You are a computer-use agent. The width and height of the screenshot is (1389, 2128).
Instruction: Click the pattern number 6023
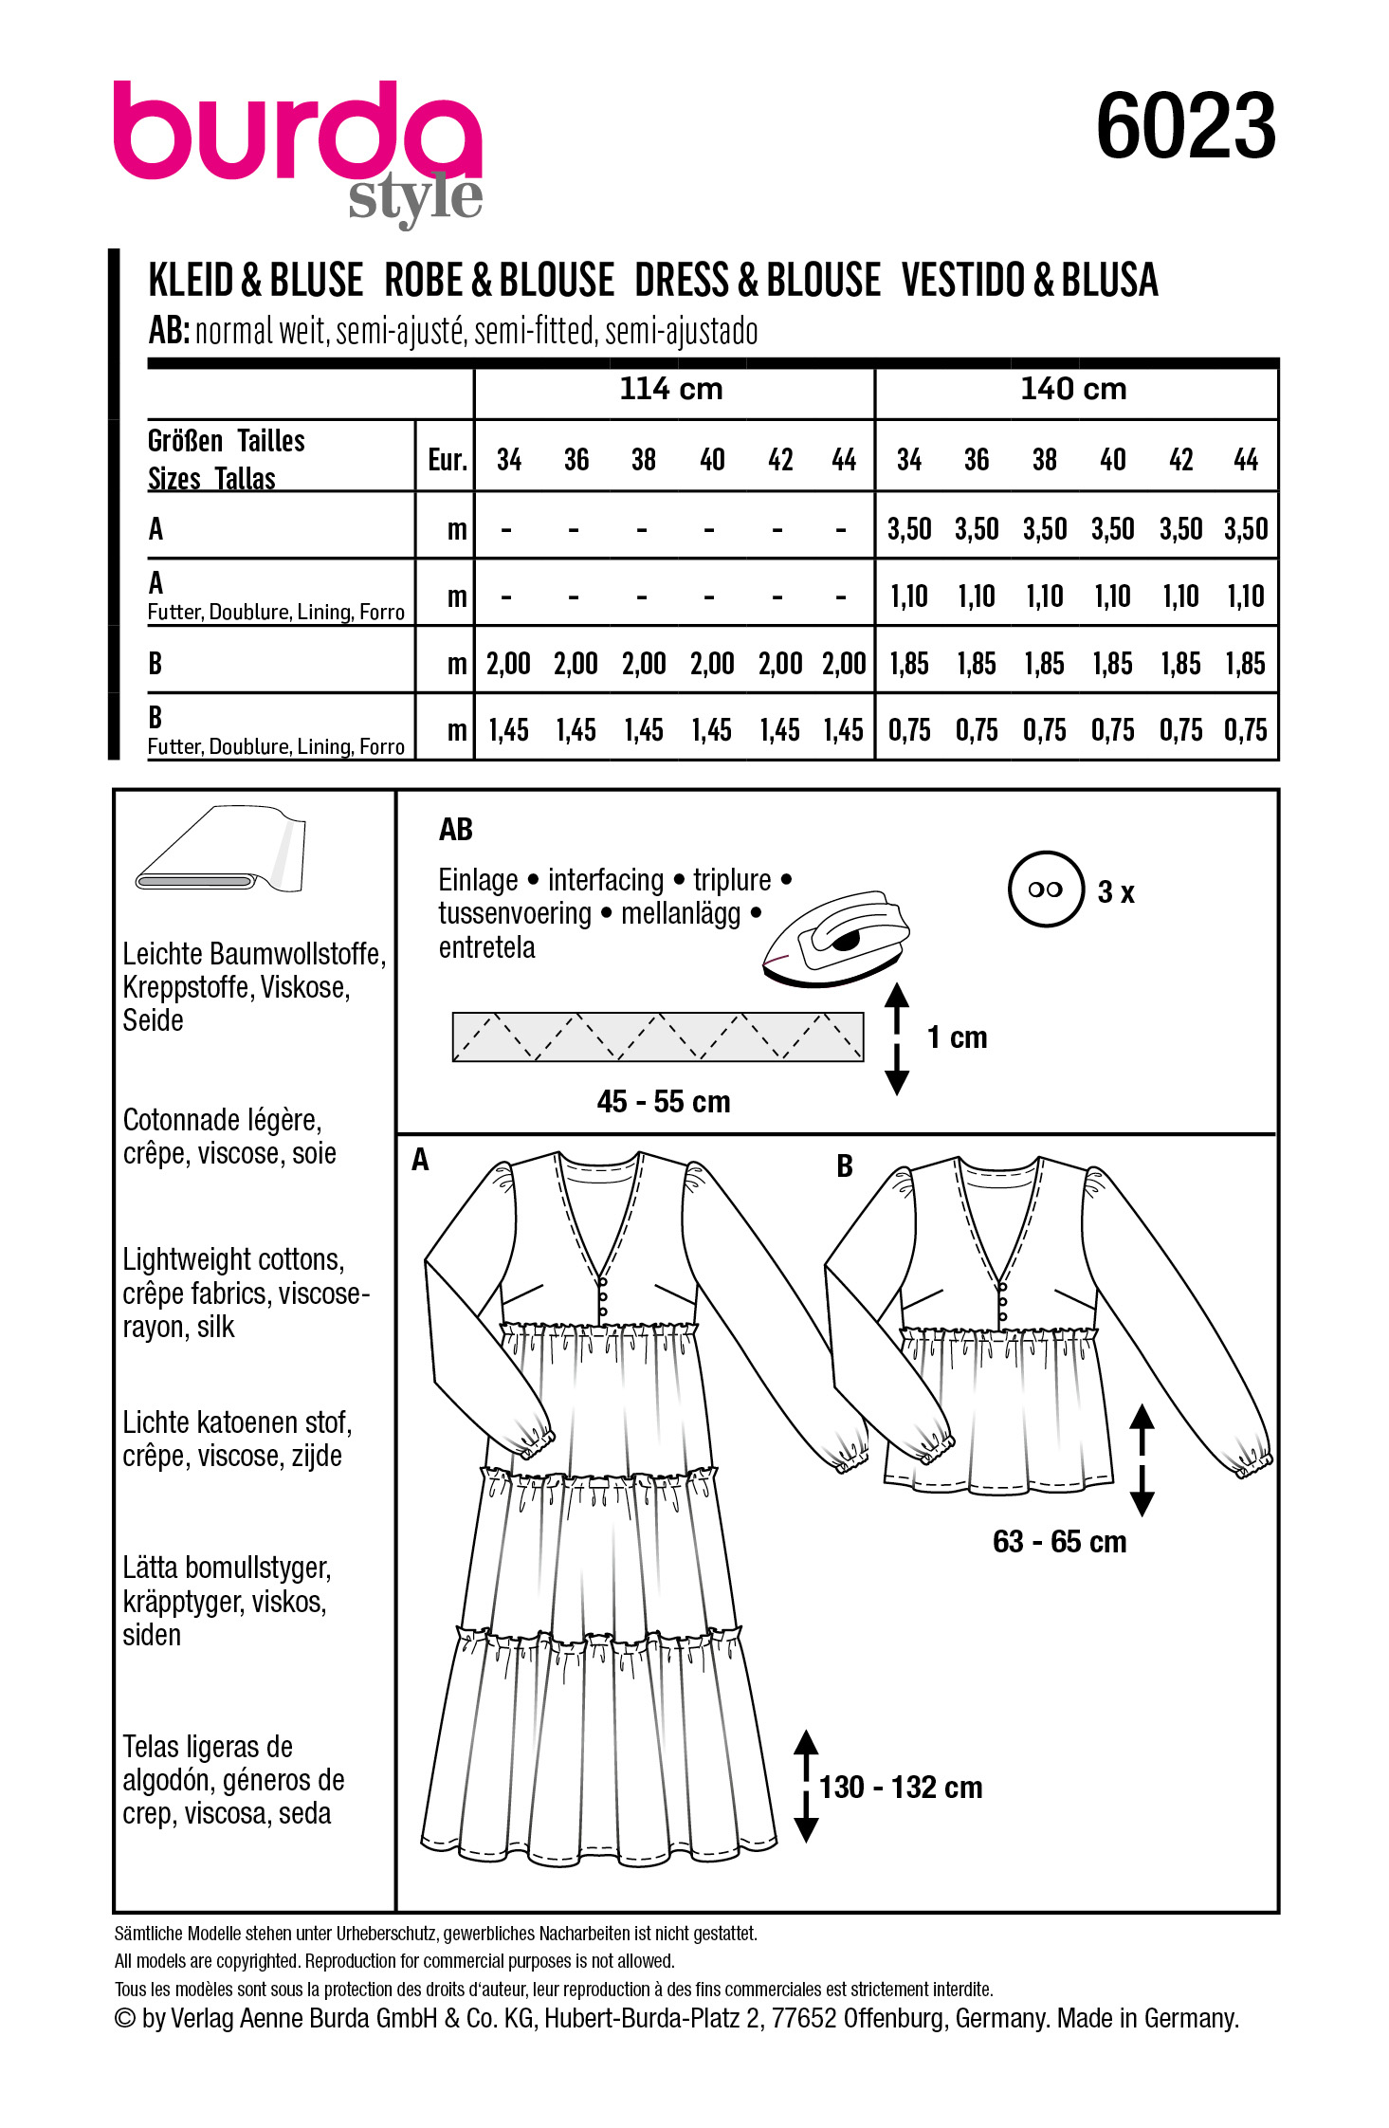[1185, 128]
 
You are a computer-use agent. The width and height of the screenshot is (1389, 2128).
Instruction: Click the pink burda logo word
[297, 133]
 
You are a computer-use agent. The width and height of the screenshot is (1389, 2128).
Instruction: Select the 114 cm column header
[671, 389]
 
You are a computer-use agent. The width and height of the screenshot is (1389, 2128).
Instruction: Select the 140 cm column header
[1073, 389]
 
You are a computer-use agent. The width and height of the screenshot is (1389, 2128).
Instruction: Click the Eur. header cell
[447, 461]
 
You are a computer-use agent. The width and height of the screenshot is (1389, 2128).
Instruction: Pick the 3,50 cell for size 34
[908, 529]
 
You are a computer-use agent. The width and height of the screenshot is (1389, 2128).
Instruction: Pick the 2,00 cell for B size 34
[508, 664]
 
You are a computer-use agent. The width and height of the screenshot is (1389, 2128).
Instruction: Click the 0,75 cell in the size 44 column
[1245, 730]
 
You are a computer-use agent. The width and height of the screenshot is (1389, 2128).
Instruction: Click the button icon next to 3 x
[1045, 890]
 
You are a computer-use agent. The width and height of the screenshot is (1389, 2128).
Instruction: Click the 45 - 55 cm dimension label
[664, 1102]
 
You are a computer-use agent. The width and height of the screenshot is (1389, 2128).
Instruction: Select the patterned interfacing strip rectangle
[658, 1036]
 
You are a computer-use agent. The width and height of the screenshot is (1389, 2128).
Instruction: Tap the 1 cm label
[957, 1037]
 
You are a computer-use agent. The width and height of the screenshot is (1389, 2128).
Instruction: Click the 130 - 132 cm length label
[901, 1788]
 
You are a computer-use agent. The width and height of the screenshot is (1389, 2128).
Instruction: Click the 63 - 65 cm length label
[1059, 1542]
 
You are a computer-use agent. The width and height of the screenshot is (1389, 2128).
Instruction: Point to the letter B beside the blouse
[845, 1166]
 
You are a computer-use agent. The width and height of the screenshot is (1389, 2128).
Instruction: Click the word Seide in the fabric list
[153, 1020]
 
